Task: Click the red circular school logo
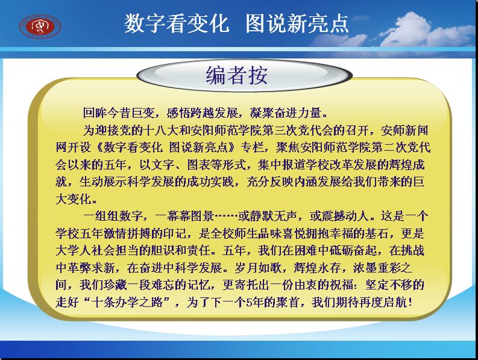[x=40, y=27]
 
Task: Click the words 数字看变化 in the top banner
[x=176, y=23]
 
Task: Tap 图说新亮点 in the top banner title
[x=297, y=23]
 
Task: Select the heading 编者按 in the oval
[x=237, y=75]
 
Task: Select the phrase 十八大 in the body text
[x=160, y=130]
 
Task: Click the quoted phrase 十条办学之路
[x=127, y=302]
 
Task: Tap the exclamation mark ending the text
[x=410, y=302]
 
